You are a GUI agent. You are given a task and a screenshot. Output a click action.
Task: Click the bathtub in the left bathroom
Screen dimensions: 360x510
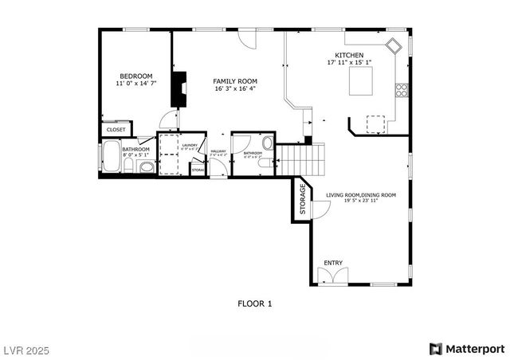(x=111, y=157)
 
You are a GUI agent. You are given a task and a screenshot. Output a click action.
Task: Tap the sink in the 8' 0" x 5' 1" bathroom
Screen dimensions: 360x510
(x=146, y=167)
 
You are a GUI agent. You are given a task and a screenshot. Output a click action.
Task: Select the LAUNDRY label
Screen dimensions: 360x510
(x=189, y=145)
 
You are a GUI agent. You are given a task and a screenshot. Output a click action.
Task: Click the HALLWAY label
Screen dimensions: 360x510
(x=218, y=151)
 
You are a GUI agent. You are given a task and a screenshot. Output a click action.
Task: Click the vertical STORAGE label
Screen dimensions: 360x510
(x=303, y=200)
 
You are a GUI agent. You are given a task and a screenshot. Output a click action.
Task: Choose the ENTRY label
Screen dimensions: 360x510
(x=332, y=262)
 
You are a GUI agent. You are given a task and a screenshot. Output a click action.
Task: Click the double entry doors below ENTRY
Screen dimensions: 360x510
(x=332, y=277)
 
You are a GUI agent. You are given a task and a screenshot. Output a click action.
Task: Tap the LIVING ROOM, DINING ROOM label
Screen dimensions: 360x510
(x=360, y=195)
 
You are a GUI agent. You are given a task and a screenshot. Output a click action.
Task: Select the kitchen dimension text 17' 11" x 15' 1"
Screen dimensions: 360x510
(x=349, y=62)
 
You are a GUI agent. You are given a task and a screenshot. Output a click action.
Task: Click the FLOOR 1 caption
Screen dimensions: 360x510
(x=255, y=303)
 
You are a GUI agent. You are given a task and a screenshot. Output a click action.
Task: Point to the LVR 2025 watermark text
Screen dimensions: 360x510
(x=26, y=348)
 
